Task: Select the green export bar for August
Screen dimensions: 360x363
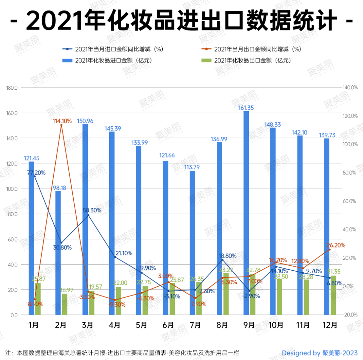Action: coord(226,294)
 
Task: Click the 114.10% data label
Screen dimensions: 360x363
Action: coord(62,121)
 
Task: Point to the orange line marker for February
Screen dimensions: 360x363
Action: coord(61,125)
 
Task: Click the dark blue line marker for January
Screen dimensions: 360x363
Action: coord(35,176)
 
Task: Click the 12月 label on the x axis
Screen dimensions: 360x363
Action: coord(330,325)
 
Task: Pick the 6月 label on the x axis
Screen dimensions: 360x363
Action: coord(168,325)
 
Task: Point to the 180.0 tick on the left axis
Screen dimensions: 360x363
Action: coord(12,88)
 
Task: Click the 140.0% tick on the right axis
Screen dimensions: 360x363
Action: coord(350,87)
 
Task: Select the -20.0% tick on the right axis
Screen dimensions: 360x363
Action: coord(350,315)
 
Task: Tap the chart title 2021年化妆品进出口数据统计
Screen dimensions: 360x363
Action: coord(182,21)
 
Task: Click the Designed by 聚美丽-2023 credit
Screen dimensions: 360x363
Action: coord(320,353)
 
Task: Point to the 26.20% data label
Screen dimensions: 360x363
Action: coord(336,245)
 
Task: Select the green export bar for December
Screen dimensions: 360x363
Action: coord(333,295)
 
